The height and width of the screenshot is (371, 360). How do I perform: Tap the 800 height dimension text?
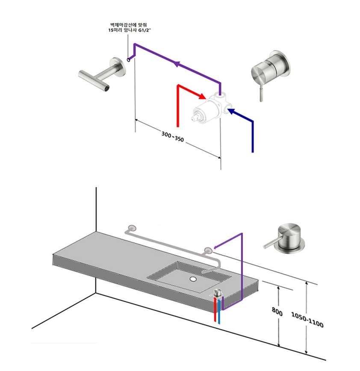coord(277,313)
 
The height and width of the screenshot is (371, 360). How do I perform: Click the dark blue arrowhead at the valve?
coord(231,112)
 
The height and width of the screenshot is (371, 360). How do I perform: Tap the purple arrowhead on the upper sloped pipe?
coord(176,65)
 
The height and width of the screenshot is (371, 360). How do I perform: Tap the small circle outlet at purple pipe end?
coord(128,59)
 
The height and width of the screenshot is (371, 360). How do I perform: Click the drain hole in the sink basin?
coord(194,279)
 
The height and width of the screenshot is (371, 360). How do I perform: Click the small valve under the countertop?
coord(217,294)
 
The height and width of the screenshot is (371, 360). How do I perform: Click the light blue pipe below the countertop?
coord(219,313)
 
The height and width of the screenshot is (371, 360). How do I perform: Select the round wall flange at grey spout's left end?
coord(131,229)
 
